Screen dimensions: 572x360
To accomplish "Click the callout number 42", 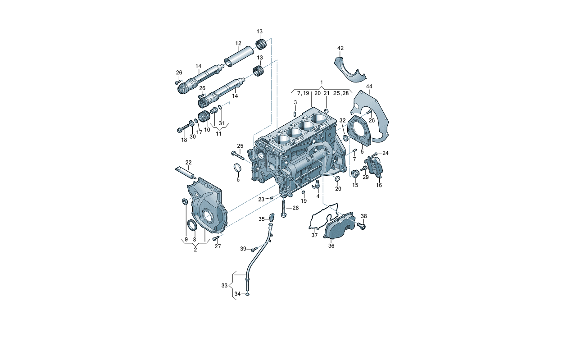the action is tap(340, 48).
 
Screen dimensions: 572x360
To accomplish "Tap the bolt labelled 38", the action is tap(362, 226).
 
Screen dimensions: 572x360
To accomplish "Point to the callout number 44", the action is tap(369, 87).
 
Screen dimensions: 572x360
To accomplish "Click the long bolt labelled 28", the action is tap(284, 209).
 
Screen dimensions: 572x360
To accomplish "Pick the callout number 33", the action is tap(224, 285).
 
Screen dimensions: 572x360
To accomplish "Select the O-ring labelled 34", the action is tap(247, 295).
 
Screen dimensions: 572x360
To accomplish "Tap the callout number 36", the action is tap(331, 246).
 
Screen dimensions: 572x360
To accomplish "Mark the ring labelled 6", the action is tap(237, 168).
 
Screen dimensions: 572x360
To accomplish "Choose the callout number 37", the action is tap(314, 235).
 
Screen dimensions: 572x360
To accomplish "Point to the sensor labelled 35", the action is tap(271, 217).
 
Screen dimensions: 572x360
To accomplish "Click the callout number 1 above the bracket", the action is tap(322, 82).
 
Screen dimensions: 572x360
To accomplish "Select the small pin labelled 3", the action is tap(295, 114).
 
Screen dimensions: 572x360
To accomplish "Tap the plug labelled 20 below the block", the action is tap(337, 178).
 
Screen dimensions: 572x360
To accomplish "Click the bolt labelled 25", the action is tap(238, 157).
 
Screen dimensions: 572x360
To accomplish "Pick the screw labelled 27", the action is tap(216, 238).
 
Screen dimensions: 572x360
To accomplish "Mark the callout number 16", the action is tap(379, 185).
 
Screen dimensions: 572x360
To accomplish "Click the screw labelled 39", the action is tap(254, 249).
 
